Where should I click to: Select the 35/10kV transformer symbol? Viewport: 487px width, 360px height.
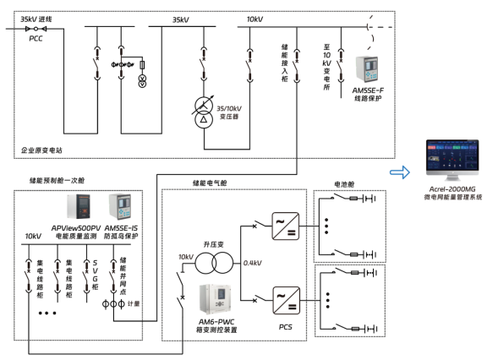coord(203,111)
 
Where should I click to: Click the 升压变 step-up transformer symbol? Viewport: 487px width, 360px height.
coord(215,263)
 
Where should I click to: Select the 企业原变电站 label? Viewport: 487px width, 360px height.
coord(42,150)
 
